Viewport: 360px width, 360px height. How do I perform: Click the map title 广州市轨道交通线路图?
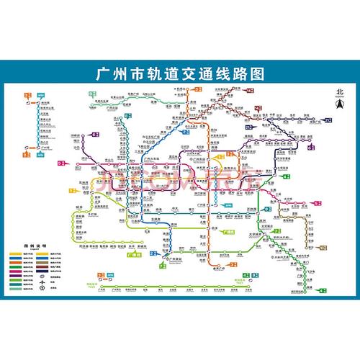click(179, 74)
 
